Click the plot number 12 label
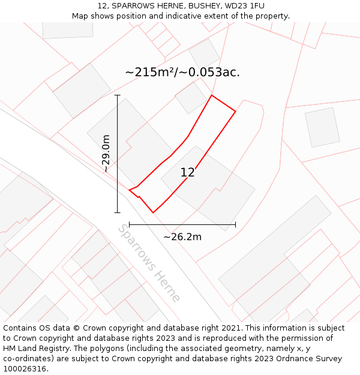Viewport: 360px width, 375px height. (x=187, y=173)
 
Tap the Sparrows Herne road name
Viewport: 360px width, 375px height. (x=148, y=263)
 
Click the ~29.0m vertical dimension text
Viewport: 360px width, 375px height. (x=106, y=154)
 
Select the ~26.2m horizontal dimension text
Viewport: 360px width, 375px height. (x=182, y=237)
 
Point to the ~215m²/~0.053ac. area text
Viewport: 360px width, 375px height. (x=182, y=72)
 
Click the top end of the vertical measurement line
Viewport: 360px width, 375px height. (x=117, y=95)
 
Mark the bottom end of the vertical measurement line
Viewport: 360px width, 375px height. (x=117, y=212)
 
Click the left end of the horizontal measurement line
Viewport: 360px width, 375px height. (x=130, y=224)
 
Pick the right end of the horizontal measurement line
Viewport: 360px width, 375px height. (x=235, y=224)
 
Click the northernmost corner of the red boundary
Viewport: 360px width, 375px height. (x=212, y=95)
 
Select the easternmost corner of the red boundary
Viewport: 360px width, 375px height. (x=235, y=111)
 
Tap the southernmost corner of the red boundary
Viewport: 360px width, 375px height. (x=154, y=212)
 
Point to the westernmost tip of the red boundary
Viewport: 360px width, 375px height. (x=130, y=190)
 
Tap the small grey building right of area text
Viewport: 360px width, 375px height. (x=323, y=127)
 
